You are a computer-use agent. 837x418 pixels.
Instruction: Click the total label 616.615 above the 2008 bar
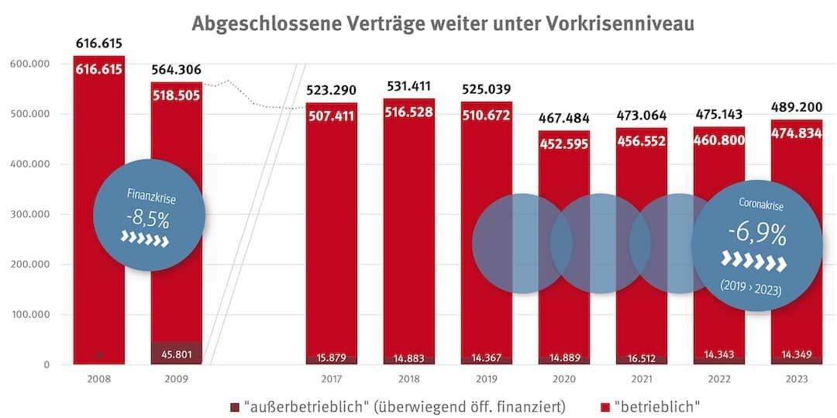pyautogui.click(x=98, y=43)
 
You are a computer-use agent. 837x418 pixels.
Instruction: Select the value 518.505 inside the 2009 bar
pyautogui.click(x=177, y=96)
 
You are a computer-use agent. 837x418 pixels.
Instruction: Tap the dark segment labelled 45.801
pyautogui.click(x=177, y=354)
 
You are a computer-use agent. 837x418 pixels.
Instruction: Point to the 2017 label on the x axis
pyautogui.click(x=332, y=379)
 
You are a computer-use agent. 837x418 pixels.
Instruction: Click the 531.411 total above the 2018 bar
pyautogui.click(x=408, y=86)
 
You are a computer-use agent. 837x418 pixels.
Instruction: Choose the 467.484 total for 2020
pyautogui.click(x=563, y=118)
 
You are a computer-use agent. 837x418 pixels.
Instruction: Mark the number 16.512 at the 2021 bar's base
pyautogui.click(x=641, y=358)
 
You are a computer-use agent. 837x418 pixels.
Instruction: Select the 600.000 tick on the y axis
pyautogui.click(x=29, y=64)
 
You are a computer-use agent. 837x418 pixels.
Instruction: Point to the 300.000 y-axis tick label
pyautogui.click(x=29, y=214)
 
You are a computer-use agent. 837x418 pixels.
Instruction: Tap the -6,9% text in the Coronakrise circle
pyautogui.click(x=755, y=233)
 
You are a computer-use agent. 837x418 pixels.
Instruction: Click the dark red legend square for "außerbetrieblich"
pyautogui.click(x=235, y=406)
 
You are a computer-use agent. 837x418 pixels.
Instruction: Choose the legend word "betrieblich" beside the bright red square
pyautogui.click(x=657, y=406)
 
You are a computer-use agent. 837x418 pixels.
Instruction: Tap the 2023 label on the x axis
pyautogui.click(x=796, y=379)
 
